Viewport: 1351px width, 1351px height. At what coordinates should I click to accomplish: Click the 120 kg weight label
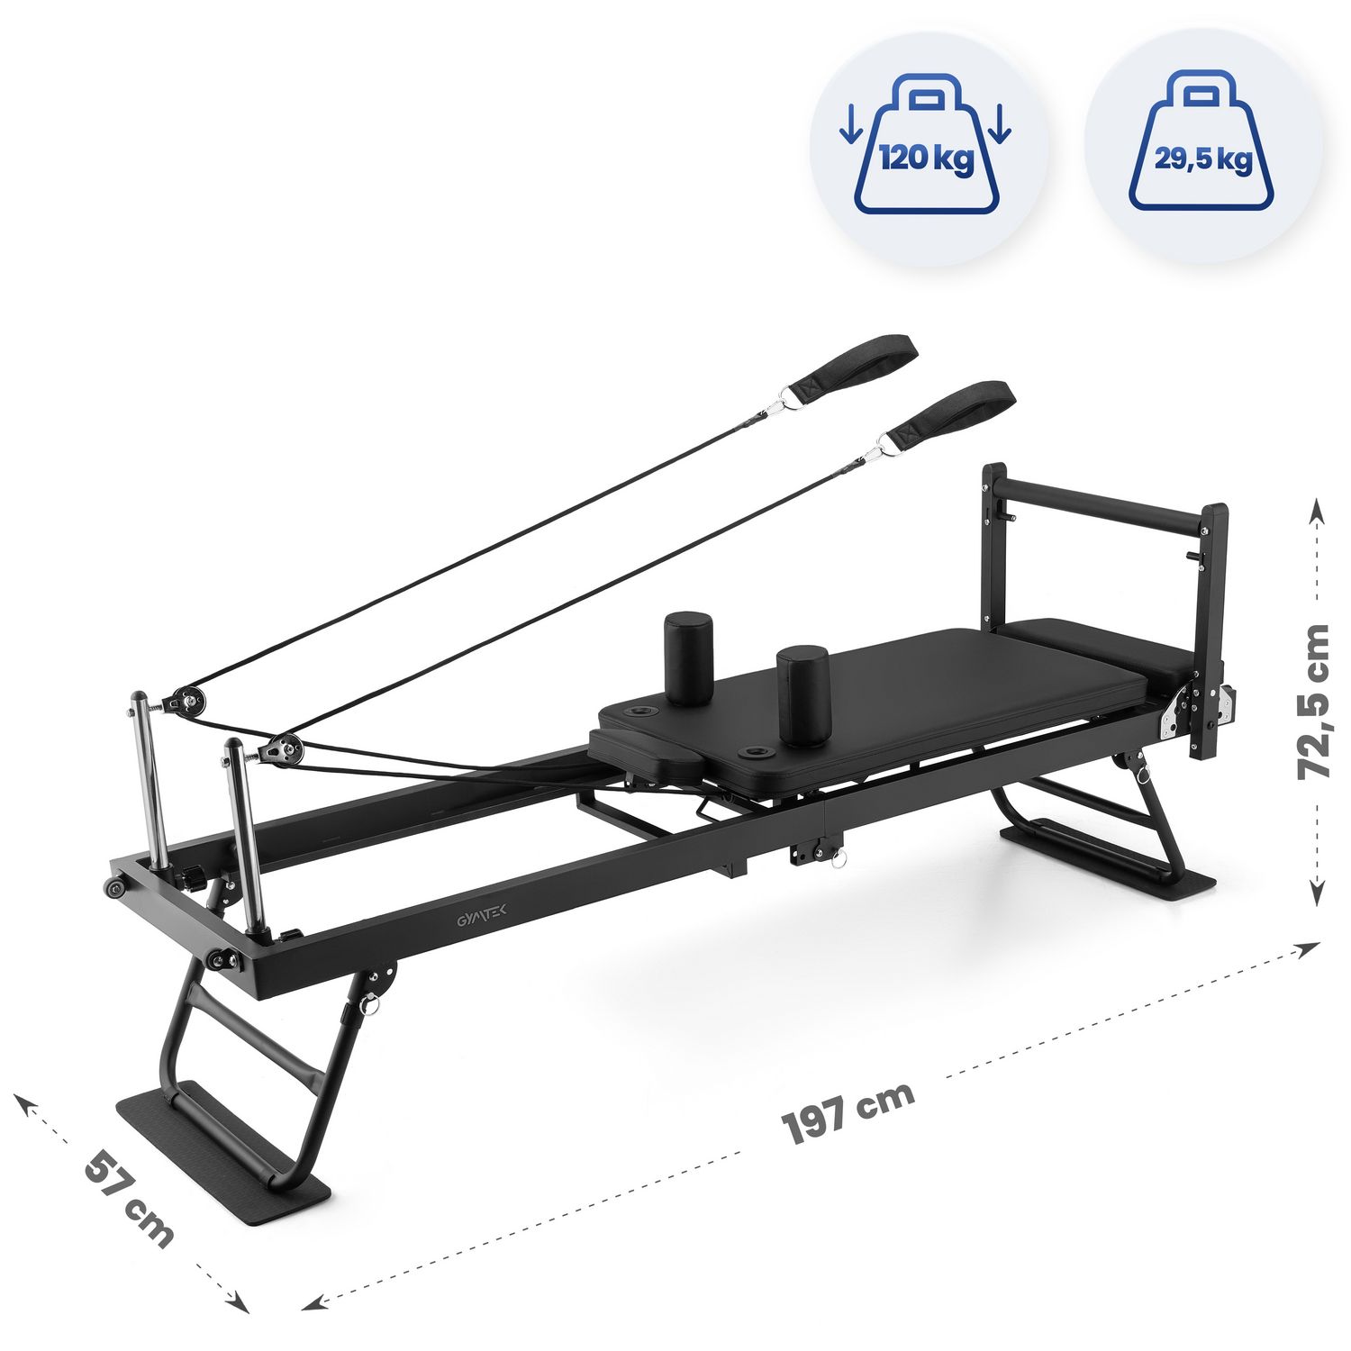pyautogui.click(x=927, y=159)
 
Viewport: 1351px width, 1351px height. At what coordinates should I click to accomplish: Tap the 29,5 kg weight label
pyautogui.click(x=1203, y=159)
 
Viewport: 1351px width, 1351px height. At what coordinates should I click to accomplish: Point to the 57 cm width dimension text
pyautogui.click(x=128, y=1199)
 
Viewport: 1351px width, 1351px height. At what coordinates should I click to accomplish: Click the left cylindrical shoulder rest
pyautogui.click(x=689, y=658)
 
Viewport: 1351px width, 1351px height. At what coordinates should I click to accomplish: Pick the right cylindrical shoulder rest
pyautogui.click(x=803, y=694)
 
